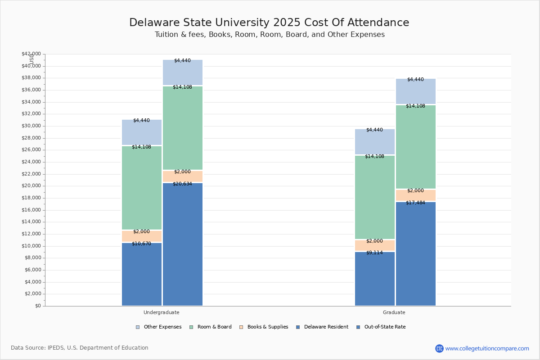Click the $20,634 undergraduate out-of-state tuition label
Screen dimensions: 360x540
tap(182, 184)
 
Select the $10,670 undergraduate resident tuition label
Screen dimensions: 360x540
tap(141, 243)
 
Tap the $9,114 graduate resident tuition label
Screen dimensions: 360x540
tap(374, 252)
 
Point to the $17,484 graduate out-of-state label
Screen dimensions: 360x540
tap(415, 202)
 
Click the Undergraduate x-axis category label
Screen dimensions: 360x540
tap(161, 312)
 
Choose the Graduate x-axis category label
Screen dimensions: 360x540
tap(394, 312)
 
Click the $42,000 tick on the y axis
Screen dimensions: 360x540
tap(31, 54)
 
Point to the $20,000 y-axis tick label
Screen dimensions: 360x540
tap(31, 186)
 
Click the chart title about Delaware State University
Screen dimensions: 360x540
tap(269, 22)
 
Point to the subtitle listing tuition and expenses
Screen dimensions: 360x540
tap(270, 35)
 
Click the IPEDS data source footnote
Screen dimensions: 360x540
tap(80, 348)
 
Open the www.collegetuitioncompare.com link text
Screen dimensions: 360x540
tap(487, 348)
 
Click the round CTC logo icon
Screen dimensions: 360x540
tap(439, 348)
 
